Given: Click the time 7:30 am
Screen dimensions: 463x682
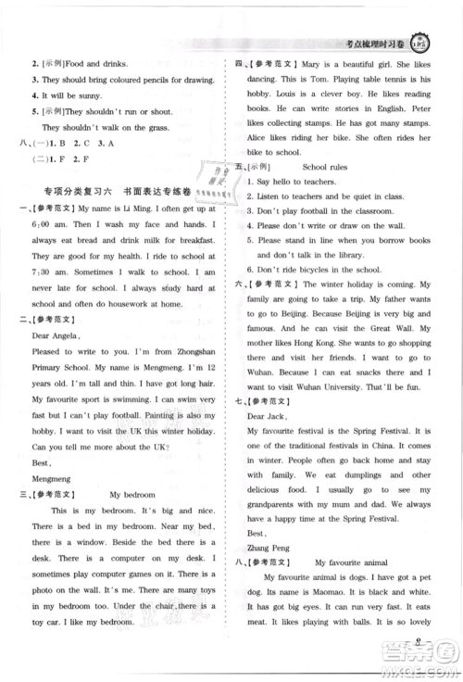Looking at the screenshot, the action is point(44,273).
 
